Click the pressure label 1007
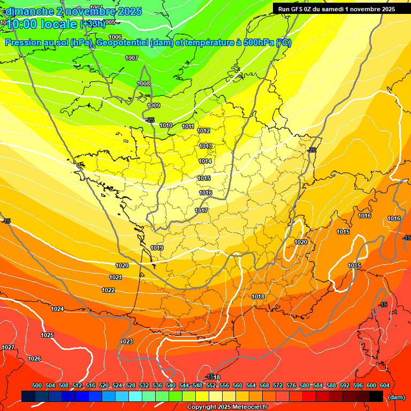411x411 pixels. pyautogui.click(x=132, y=58)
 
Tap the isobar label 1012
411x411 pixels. pyautogui.click(x=203, y=131)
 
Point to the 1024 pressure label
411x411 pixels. pyautogui.click(x=57, y=309)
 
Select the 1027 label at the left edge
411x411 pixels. pyautogui.click(x=8, y=347)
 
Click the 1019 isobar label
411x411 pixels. pyautogui.click(x=157, y=248)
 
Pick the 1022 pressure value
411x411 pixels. pyautogui.click(x=108, y=290)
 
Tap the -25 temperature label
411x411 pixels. pyautogui.click(x=150, y=120)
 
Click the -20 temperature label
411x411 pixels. pyautogui.click(x=312, y=150)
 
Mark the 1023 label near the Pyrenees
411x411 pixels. pyautogui.click(x=126, y=341)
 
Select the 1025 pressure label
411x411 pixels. pyautogui.click(x=47, y=335)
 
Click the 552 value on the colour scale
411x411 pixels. pyautogui.click(x=211, y=385)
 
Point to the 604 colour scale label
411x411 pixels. pyautogui.click(x=384, y=385)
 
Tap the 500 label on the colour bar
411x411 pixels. pyautogui.click(x=37, y=385)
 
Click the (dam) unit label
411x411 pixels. pyautogui.click(x=397, y=397)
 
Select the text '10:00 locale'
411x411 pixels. pyautogui.click(x=42, y=24)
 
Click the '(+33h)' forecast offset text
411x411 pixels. pyautogui.click(x=93, y=24)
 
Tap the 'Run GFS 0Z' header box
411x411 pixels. pyautogui.click(x=334, y=9)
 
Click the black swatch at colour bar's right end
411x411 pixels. pyautogui.click(x=376, y=396)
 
